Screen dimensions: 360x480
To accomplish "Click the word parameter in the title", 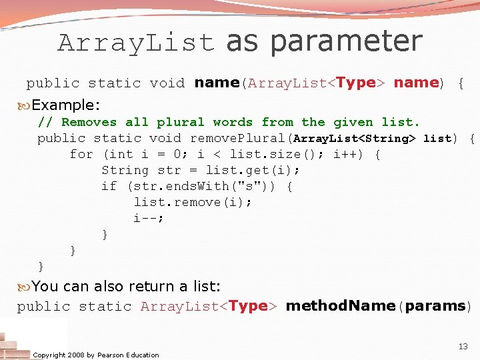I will (347, 41).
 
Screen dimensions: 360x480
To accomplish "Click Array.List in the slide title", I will (137, 43).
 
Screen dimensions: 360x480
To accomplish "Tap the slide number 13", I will (463, 347).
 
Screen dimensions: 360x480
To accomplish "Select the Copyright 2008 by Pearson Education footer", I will (96, 355).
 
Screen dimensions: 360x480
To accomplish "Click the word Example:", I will (66, 105).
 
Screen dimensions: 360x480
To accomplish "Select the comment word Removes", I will (88, 122).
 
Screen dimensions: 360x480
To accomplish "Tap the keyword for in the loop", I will (81, 155).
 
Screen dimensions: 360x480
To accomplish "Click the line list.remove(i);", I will (193, 202).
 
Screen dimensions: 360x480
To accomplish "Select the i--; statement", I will (149, 218).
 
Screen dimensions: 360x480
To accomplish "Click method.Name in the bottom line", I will (340, 306).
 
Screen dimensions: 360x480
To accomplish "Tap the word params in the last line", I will (435, 306).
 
